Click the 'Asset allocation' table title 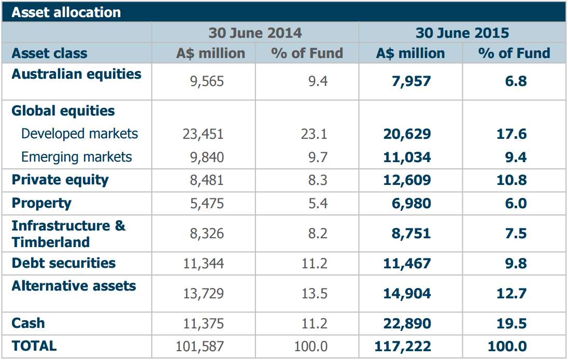pyautogui.click(x=66, y=12)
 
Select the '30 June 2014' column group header pyautogui.click(x=255, y=33)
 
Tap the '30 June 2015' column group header pyautogui.click(x=462, y=33)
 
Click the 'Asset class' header pyautogui.click(x=49, y=53)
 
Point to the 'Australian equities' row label pyautogui.click(x=76, y=74)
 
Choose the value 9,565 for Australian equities pyautogui.click(x=207, y=81)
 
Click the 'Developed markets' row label pyautogui.click(x=80, y=134)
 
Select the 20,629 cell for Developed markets pyautogui.click(x=407, y=134)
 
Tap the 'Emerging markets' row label pyautogui.click(x=77, y=157)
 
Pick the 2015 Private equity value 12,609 pyautogui.click(x=407, y=180)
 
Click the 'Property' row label pyautogui.click(x=41, y=203)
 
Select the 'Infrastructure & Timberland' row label pyautogui.click(x=68, y=234)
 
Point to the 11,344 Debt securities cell pyautogui.click(x=203, y=264)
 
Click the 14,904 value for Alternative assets pyautogui.click(x=407, y=294)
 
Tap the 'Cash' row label pyautogui.click(x=28, y=323)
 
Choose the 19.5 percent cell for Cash pyautogui.click(x=512, y=324)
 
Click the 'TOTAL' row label pyautogui.click(x=34, y=345)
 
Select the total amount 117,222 pyautogui.click(x=403, y=347)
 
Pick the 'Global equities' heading pyautogui.click(x=63, y=111)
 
